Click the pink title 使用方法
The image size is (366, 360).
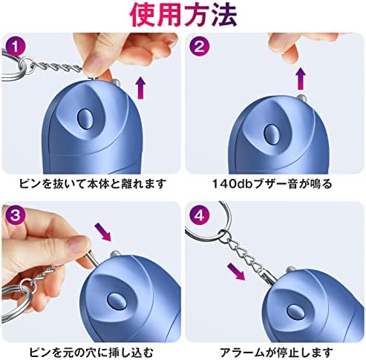pyautogui.click(x=183, y=14)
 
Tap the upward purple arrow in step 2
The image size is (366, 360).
pyautogui.click(x=301, y=77)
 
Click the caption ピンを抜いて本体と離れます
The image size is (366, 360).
pyautogui.click(x=91, y=183)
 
